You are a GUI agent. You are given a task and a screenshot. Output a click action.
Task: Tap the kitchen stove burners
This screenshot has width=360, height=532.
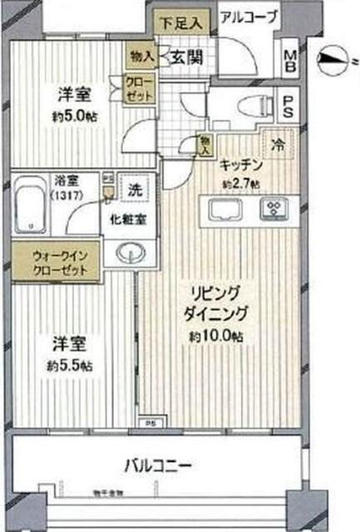pyautogui.click(x=272, y=209)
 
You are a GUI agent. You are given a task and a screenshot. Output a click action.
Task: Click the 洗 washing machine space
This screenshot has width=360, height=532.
pyautogui.click(x=133, y=189)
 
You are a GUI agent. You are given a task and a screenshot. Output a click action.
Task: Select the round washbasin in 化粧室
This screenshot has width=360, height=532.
pyautogui.click(x=129, y=254)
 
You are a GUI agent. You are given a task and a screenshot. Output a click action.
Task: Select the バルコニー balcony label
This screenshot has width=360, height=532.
pyautogui.click(x=158, y=462)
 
